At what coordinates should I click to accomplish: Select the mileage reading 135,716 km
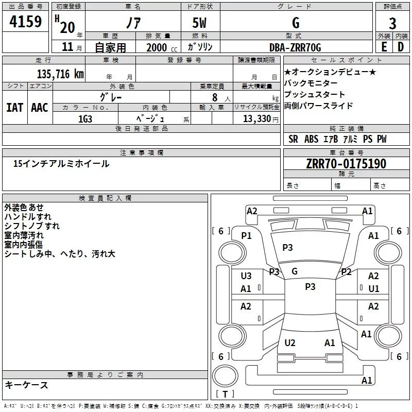pos(60,74)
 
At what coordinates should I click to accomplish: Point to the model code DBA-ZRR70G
pos(295,47)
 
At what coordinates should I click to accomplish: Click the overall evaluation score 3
pos(392,23)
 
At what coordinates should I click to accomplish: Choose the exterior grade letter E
pos(384,47)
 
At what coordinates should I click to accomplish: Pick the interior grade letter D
pos(401,47)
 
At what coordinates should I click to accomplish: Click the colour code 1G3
pos(85,118)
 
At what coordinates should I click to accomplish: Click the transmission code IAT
pos(14,107)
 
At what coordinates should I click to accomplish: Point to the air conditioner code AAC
pos(40,107)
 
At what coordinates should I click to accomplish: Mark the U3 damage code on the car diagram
pos(246,276)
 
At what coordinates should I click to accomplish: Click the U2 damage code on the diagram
pos(290,342)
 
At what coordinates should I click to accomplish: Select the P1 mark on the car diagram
pos(246,235)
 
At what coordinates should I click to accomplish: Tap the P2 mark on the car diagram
pos(347,272)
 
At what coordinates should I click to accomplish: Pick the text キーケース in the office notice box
pos(26,385)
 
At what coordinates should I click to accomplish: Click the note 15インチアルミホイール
pos(61,164)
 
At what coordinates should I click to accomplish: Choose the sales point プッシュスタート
pos(315,95)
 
